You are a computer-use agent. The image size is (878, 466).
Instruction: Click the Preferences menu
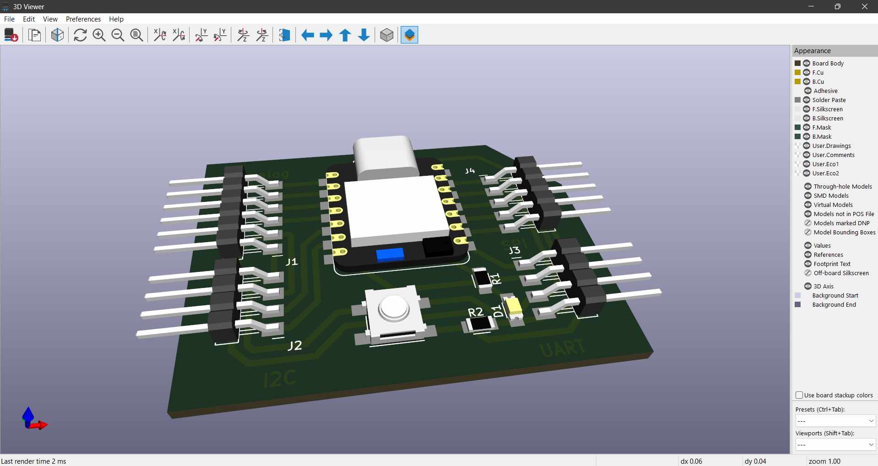(83, 19)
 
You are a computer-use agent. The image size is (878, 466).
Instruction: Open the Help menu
(116, 19)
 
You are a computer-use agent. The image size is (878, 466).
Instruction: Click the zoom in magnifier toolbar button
(99, 35)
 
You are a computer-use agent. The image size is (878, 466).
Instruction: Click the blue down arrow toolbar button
(364, 35)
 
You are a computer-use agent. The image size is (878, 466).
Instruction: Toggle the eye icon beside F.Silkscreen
(807, 109)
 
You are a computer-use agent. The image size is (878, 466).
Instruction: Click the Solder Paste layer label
(829, 100)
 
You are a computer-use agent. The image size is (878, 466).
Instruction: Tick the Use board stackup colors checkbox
(799, 395)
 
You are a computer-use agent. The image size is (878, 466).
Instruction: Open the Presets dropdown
(835, 421)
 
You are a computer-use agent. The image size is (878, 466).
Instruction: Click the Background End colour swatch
(798, 304)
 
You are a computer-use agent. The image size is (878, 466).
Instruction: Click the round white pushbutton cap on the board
(393, 308)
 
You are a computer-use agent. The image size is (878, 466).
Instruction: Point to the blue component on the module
(390, 255)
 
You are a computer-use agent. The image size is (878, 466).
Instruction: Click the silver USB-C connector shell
(385, 156)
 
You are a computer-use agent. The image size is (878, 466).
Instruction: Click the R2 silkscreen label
(475, 312)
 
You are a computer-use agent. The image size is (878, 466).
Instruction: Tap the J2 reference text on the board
(294, 345)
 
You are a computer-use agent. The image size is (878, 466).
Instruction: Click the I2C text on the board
(280, 379)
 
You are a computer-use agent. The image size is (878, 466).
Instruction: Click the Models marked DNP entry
(841, 223)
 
